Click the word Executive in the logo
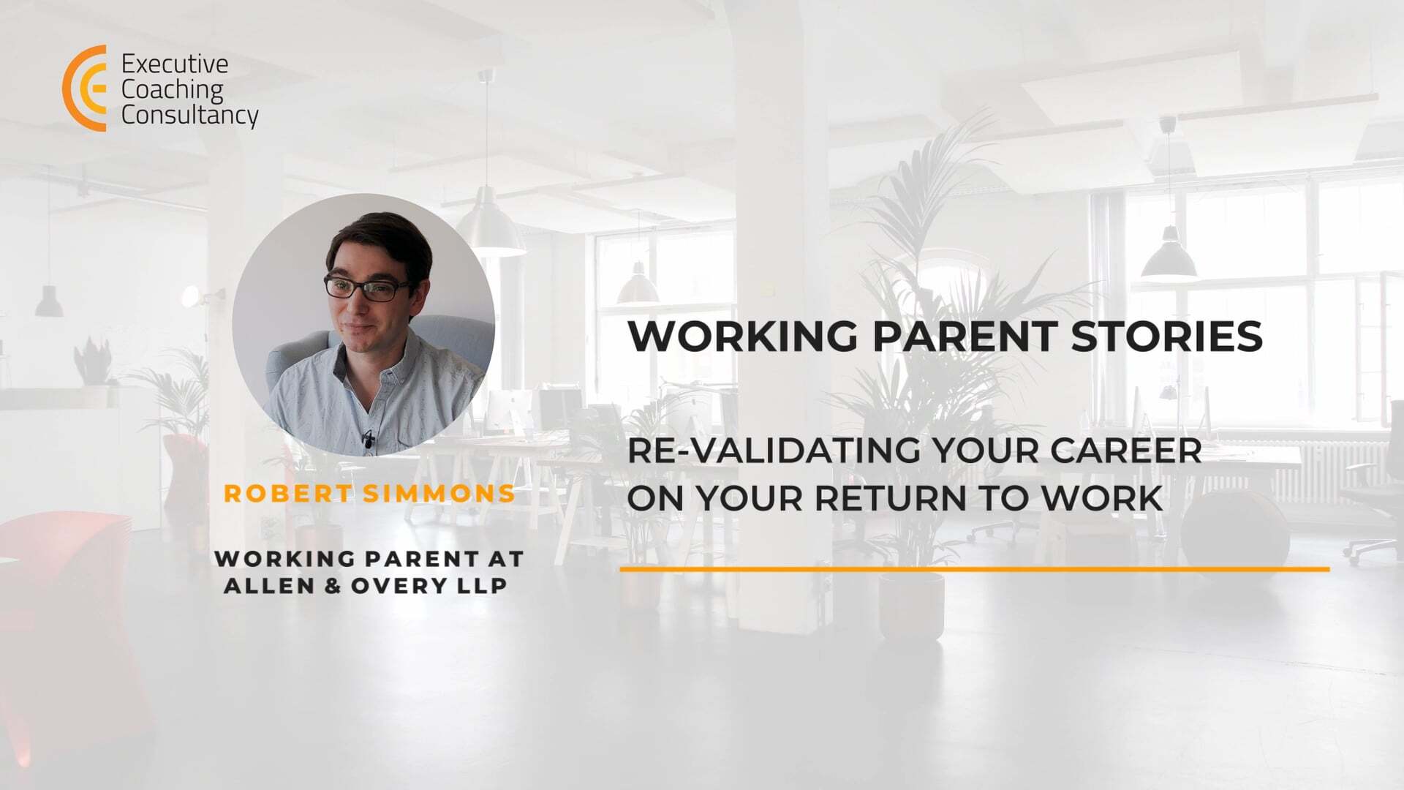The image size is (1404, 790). click(175, 64)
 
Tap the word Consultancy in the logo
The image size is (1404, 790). click(190, 116)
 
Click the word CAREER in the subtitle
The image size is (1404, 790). click(1127, 451)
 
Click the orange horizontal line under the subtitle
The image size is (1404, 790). click(975, 568)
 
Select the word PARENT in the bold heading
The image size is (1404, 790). click(964, 336)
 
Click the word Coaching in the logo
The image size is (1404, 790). click(172, 91)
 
